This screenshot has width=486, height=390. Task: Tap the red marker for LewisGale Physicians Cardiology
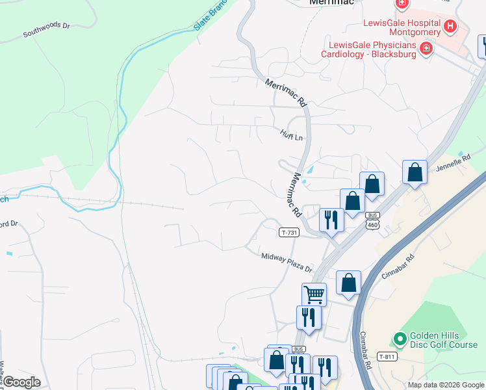click(426, 49)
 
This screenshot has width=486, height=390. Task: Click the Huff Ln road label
click(292, 137)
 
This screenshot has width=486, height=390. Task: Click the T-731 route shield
click(290, 232)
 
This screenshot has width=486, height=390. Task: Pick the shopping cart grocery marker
click(314, 294)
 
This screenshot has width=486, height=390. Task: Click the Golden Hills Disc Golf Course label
click(443, 341)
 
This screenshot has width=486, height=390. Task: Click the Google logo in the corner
click(21, 382)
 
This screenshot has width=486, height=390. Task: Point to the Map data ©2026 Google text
click(446, 385)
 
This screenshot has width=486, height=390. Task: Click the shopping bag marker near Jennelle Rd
click(415, 173)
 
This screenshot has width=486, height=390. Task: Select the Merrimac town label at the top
click(331, 3)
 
